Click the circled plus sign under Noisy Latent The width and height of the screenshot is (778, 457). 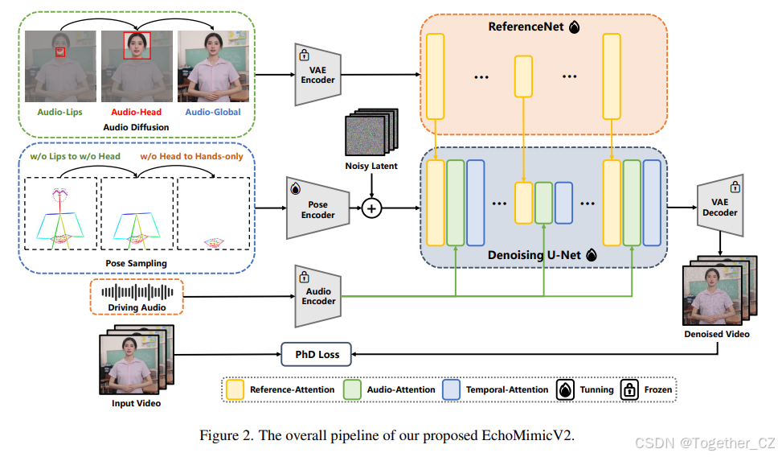371,208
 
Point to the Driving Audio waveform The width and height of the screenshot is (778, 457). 137,291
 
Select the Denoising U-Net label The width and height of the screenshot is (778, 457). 534,254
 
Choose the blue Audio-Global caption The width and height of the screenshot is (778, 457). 212,112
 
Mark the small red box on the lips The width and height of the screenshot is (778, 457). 60,53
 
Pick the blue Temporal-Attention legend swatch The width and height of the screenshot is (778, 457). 452,389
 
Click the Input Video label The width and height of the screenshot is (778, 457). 135,402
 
